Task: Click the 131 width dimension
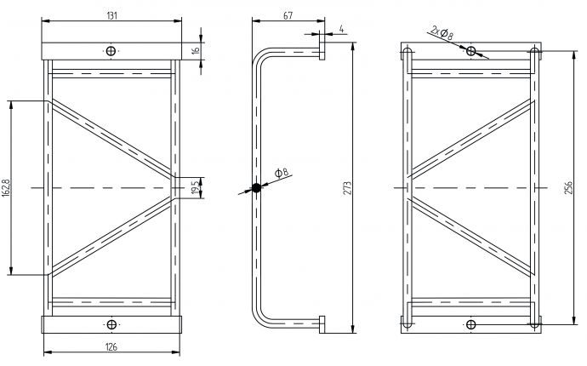coord(111,15)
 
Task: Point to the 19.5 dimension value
coord(196,186)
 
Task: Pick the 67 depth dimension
coord(288,15)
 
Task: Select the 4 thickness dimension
coord(341,30)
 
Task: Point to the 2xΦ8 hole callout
coord(442,33)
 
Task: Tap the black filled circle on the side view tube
coord(254,187)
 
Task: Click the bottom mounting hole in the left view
coord(111,323)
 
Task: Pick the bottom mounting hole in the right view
coord(472,323)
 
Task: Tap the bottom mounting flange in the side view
coord(322,326)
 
